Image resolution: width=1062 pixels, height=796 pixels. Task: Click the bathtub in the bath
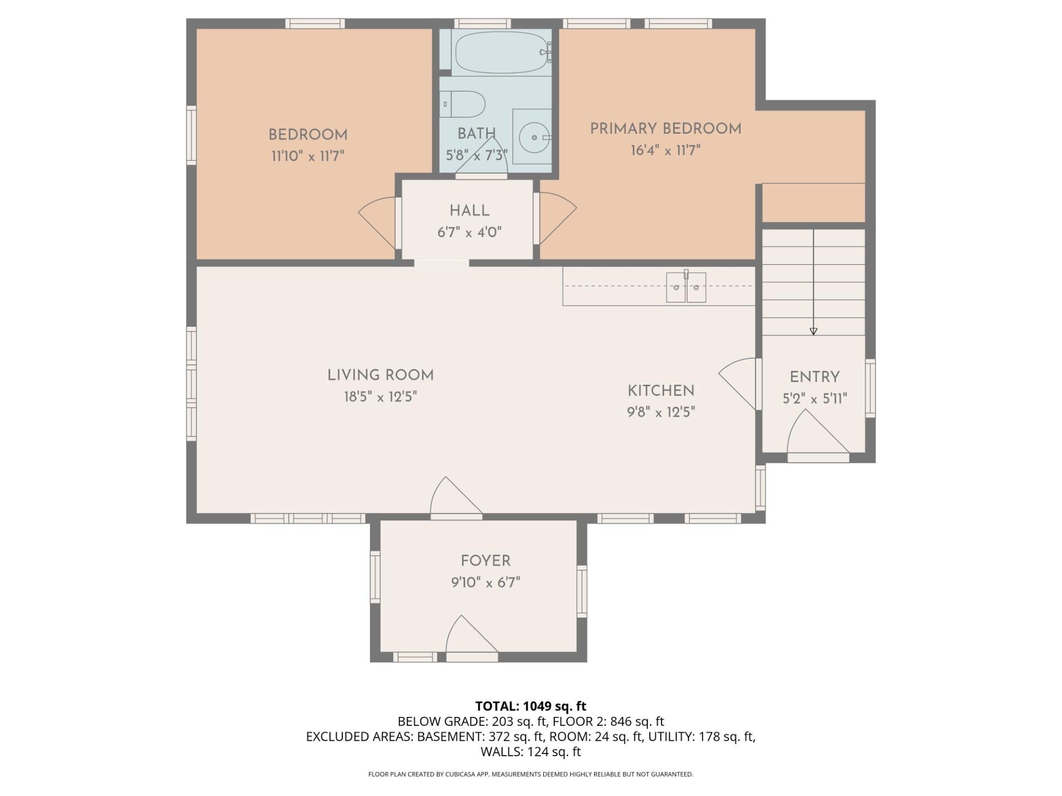[501, 53]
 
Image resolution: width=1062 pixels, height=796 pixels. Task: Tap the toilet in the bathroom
[465, 104]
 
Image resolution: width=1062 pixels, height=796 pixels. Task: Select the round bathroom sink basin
[534, 137]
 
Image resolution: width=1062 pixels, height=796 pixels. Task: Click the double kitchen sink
[686, 287]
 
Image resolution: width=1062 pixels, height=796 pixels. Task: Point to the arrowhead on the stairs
[813, 331]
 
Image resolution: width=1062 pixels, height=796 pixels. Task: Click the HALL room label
[469, 211]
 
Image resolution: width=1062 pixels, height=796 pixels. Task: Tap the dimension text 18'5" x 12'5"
[380, 397]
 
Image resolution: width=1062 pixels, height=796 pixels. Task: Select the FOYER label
[485, 561]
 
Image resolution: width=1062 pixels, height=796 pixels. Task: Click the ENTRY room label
[814, 377]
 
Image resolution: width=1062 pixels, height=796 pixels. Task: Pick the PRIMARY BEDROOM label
[665, 129]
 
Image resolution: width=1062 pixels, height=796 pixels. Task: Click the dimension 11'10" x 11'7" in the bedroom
[308, 156]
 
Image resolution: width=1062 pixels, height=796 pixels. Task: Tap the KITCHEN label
[660, 391]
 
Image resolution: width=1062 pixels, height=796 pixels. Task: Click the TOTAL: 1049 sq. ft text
[530, 706]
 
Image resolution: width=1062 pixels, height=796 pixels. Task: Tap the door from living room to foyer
[454, 499]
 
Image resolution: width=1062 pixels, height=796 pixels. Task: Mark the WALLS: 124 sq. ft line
[530, 752]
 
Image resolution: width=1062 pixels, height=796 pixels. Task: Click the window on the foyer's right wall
[581, 591]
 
